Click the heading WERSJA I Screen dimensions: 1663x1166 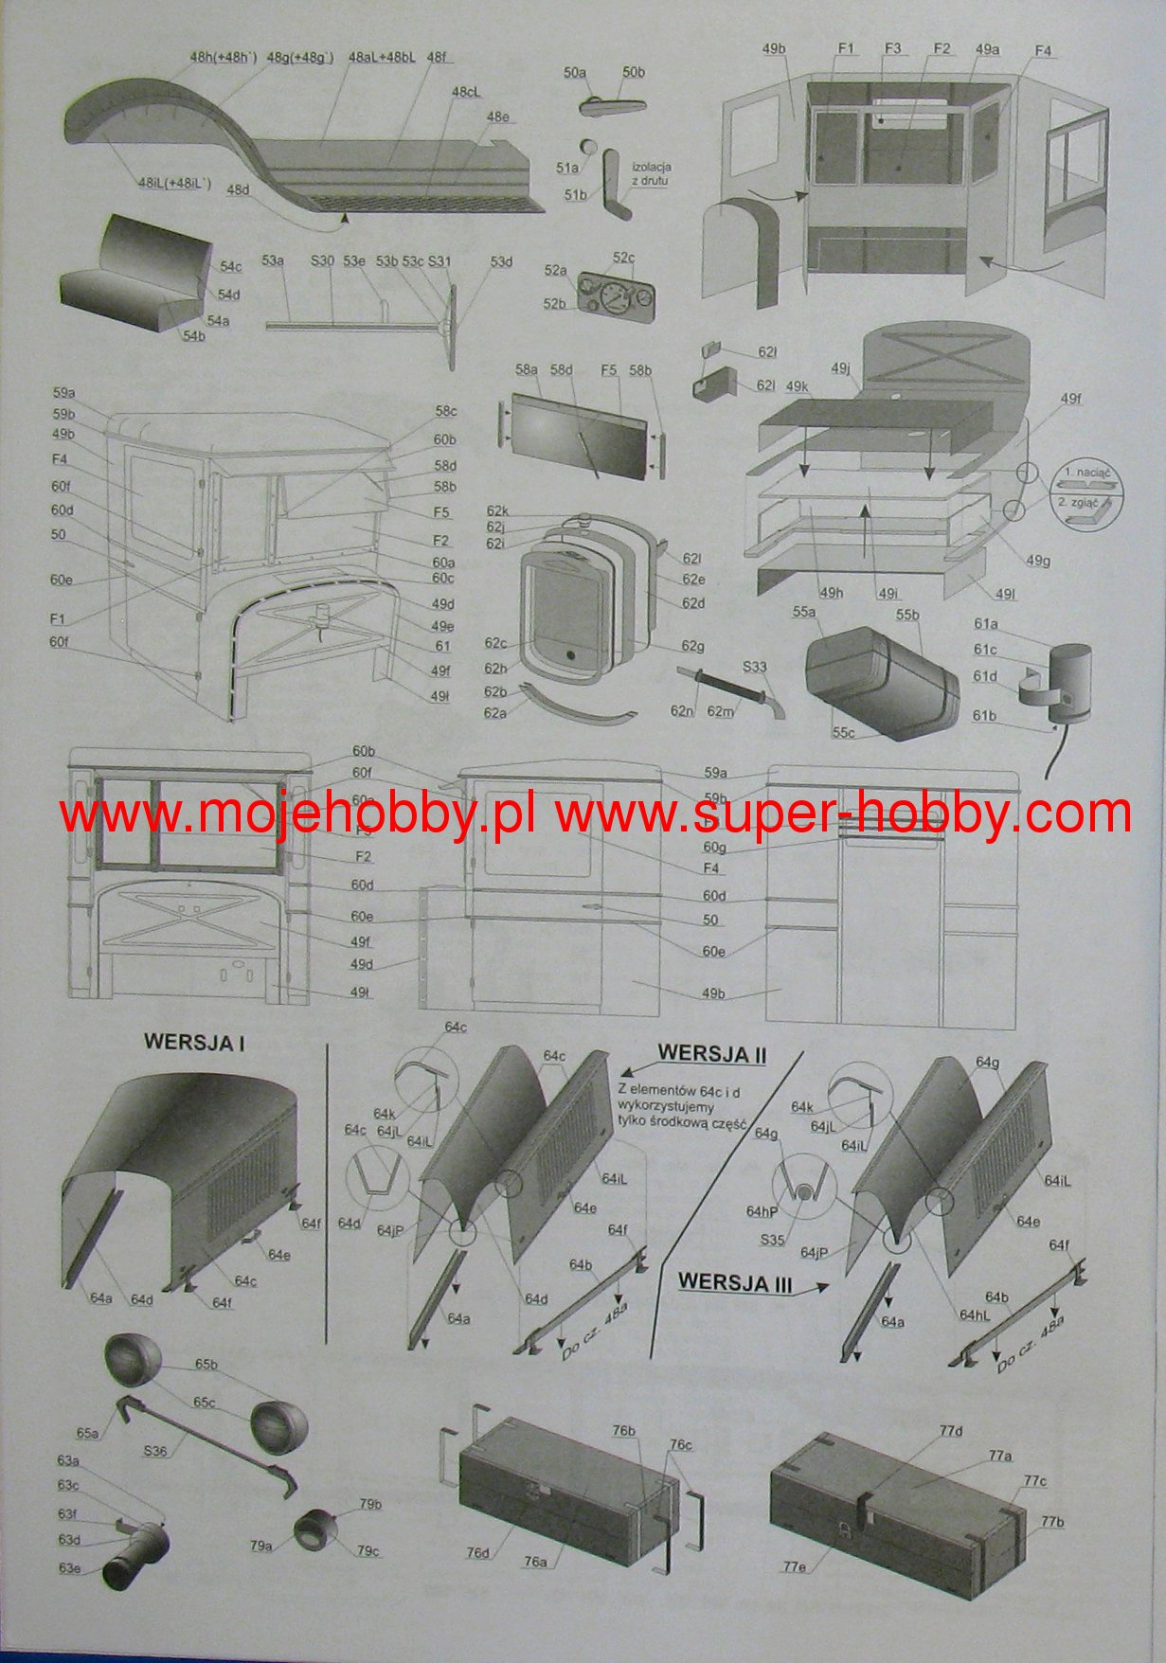[x=194, y=1043]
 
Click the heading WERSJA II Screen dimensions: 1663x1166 [x=712, y=1053]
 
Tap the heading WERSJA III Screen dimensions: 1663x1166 [x=735, y=1284]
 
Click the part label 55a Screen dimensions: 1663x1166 [x=804, y=614]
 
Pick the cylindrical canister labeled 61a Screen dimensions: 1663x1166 [x=1069, y=676]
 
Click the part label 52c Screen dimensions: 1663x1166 [x=623, y=258]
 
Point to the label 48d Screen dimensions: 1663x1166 [x=238, y=190]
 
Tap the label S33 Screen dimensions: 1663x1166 [x=754, y=666]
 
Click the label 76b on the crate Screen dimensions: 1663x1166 [x=623, y=1430]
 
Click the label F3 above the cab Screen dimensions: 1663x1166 [x=892, y=47]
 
